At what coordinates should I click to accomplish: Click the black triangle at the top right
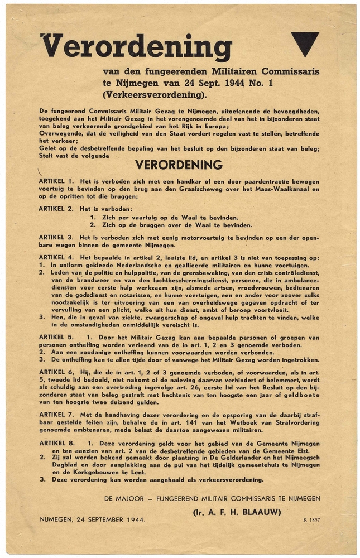click(305, 42)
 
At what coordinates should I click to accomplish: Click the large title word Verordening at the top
click(136, 47)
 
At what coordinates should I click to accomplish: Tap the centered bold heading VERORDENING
click(179, 165)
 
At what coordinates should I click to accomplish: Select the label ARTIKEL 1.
click(56, 182)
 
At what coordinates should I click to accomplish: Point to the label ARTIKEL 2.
click(56, 208)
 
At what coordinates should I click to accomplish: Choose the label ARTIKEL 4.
click(56, 258)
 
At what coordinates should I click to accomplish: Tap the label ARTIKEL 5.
click(56, 338)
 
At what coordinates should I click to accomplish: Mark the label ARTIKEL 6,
click(56, 371)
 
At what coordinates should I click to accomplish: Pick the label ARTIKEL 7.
click(56, 414)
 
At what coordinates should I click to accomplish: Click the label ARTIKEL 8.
click(56, 444)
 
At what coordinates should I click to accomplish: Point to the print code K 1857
click(313, 519)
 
